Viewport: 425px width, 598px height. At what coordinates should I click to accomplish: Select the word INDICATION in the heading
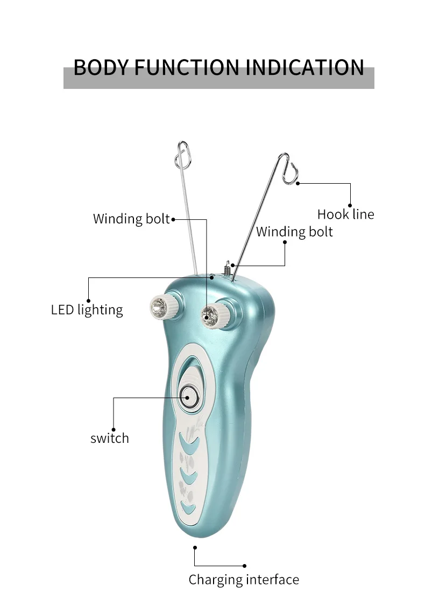point(304,68)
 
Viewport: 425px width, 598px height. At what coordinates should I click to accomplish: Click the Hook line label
point(345,214)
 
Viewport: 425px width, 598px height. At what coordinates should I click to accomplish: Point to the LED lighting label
point(87,310)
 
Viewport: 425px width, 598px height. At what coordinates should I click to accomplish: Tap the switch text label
point(110,439)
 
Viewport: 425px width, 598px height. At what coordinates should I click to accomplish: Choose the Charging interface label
point(244,580)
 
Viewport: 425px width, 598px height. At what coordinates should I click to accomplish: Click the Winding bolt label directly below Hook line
point(294,232)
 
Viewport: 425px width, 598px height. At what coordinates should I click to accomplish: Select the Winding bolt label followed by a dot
point(131,219)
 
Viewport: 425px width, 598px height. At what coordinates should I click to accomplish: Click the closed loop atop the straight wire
point(182,152)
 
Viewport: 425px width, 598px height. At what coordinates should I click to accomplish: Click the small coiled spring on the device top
point(228,266)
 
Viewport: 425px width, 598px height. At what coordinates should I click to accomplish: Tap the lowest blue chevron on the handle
point(188,506)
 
